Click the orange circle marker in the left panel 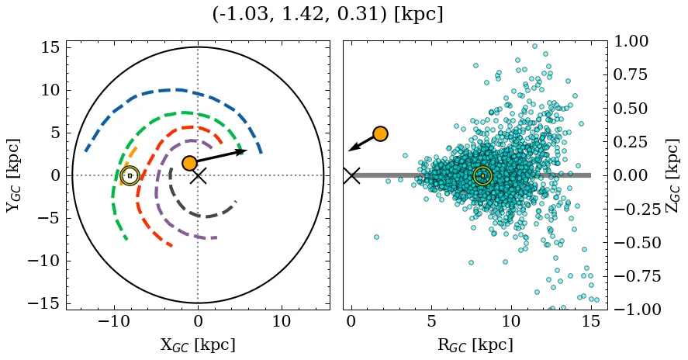[189, 163]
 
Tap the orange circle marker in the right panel [380, 133]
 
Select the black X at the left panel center [198, 175]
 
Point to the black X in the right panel [351, 175]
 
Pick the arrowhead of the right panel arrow [351, 149]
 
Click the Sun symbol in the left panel [130, 175]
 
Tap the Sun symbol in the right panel [482, 175]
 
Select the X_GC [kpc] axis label [198, 345]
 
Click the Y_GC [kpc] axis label [12, 175]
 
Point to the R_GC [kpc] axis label [474, 345]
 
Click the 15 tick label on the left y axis [50, 47]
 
